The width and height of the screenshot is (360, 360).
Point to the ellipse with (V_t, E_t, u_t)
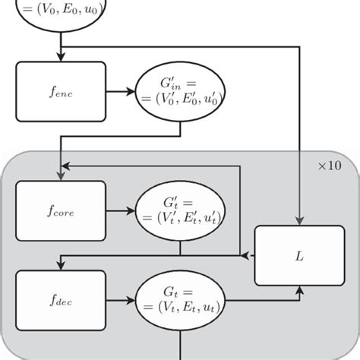pyautogui.click(x=180, y=298)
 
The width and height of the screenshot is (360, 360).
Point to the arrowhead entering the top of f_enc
pyautogui.click(x=58, y=58)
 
